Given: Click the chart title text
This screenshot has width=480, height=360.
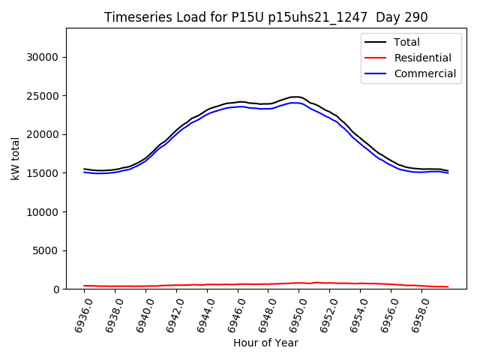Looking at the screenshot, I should pos(266,17).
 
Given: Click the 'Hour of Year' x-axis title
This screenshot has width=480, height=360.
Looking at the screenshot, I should pos(265,343).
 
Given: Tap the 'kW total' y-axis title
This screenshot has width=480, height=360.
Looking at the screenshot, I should pos(15,159).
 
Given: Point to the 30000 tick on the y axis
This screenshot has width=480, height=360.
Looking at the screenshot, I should pos(43,57).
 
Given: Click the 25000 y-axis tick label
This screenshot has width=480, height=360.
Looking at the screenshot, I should pos(43,96).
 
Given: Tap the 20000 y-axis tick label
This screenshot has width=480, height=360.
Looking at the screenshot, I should pos(43,134).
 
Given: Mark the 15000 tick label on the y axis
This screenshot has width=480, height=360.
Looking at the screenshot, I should pos(43,173).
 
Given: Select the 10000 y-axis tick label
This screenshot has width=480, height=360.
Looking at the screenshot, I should pos(43,211).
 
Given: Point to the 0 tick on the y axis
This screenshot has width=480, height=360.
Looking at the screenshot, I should pos(56,289).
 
